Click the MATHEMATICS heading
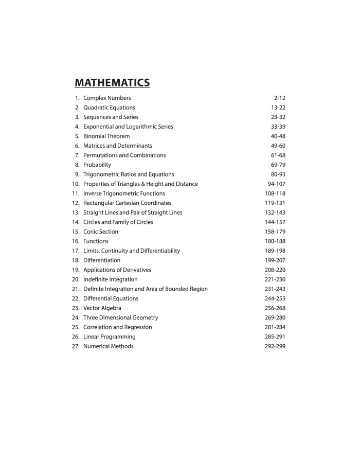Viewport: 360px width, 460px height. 112,82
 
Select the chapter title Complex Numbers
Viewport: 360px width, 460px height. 107,98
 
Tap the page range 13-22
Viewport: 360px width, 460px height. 278,108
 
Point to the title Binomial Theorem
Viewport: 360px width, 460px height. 106,136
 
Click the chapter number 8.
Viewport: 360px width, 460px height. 77,165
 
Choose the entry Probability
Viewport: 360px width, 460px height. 97,165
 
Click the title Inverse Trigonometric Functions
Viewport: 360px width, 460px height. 124,193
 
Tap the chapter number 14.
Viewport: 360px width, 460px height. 76,222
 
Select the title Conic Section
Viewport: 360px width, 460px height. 101,232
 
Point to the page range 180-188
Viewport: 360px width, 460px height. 275,241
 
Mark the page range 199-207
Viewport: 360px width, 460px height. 275,260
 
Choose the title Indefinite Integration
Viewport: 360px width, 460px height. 111,279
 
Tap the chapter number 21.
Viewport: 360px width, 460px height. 76,289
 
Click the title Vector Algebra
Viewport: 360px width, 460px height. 102,308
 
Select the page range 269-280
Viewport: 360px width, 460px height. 275,317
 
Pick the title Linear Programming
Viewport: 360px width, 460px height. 110,337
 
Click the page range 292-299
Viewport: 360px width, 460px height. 275,346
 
